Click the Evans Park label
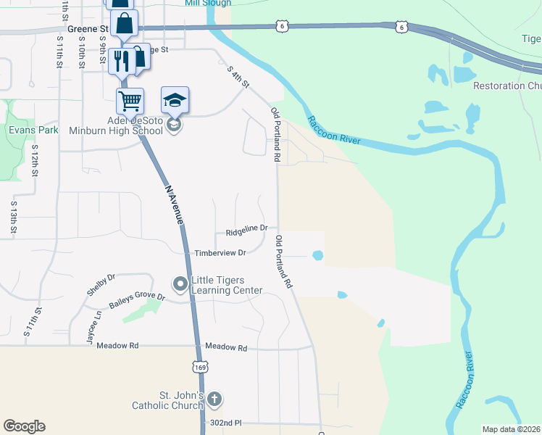pyautogui.click(x=33, y=130)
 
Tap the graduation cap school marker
pyautogui.click(x=175, y=100)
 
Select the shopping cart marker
pyautogui.click(x=130, y=101)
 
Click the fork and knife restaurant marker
pyautogui.click(x=121, y=60)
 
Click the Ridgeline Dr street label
pyautogui.click(x=246, y=231)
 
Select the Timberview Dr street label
pyautogui.click(x=221, y=253)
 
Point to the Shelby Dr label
pyautogui.click(x=101, y=284)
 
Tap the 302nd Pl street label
pyautogui.click(x=226, y=423)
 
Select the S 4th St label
pyautogui.click(x=238, y=78)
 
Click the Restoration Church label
pyautogui.click(x=507, y=86)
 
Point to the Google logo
pyautogui.click(x=24, y=426)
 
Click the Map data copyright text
pyautogui.click(x=511, y=429)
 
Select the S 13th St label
pyautogui.click(x=13, y=217)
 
